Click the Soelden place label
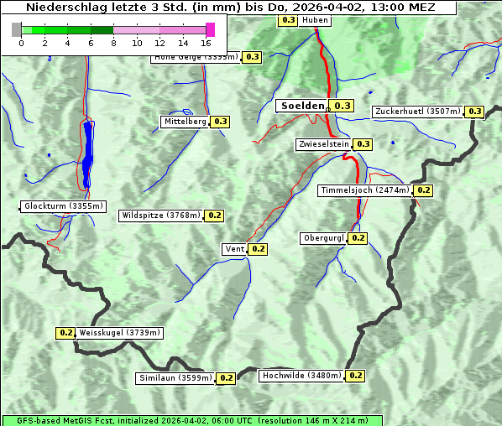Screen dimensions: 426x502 point(301,106)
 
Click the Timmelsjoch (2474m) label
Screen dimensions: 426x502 point(365,190)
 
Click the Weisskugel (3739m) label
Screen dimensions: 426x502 point(119,333)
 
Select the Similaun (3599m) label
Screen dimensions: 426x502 point(175,378)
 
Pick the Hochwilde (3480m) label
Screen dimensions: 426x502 point(301,376)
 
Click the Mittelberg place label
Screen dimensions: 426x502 point(185,122)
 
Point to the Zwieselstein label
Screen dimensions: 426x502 point(323,144)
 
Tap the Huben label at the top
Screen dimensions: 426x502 point(315,19)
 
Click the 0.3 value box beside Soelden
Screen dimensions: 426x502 point(343,106)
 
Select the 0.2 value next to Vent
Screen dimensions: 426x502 point(258,249)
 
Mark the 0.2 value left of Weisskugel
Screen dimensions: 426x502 point(66,333)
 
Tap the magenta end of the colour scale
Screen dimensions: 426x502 point(210,29)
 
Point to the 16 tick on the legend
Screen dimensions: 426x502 point(207,43)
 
